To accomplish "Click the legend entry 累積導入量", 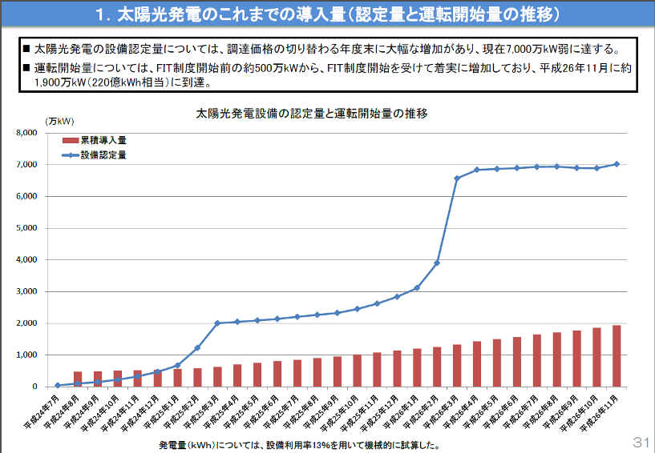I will (x=103, y=140).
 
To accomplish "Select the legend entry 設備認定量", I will (x=103, y=154).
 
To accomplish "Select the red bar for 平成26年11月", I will (x=617, y=356).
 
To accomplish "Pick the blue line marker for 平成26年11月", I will (x=617, y=164).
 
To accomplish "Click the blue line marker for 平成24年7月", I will (x=58, y=385).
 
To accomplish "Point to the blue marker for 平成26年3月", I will (x=457, y=178).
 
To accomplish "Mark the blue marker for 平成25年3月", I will (x=217, y=323).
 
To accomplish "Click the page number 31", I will (x=640, y=443).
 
